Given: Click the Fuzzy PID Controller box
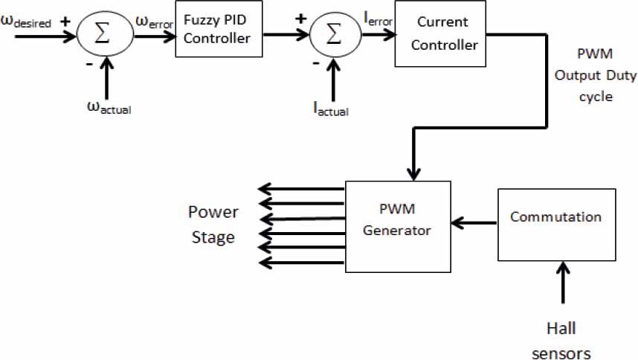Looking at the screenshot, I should coord(219,29).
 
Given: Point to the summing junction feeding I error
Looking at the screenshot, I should coord(334,33).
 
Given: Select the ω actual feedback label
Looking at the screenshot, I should coord(109,106).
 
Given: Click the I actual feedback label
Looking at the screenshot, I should coord(331,109).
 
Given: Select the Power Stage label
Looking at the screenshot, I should coord(213,225).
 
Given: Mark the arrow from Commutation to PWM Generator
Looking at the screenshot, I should coord(474,222).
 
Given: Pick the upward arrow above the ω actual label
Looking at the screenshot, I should coord(109,74).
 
